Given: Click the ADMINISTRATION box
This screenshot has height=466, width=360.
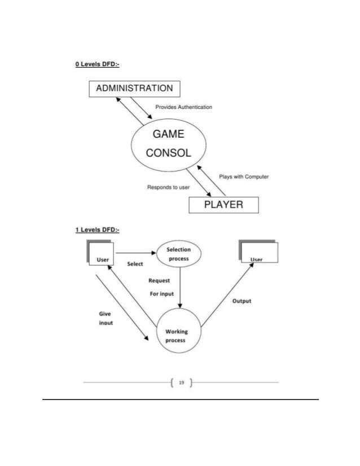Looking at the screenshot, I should tap(134, 88).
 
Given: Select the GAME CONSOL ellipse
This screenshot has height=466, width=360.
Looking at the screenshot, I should tap(168, 143).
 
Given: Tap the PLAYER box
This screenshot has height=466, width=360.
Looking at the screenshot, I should tap(223, 204).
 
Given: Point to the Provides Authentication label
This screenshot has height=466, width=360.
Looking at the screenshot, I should tap(183, 107).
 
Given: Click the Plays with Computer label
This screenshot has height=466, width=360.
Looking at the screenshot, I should tap(243, 177).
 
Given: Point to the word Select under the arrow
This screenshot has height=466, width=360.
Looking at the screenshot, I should tap(135, 264).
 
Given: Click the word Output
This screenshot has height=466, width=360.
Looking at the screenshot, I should tap(242, 301).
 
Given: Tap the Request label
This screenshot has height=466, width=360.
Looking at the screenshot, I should tap(159, 280).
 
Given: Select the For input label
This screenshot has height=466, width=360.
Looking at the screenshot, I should tap(162, 293).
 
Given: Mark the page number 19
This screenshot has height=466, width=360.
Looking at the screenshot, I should tap(181, 383).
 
